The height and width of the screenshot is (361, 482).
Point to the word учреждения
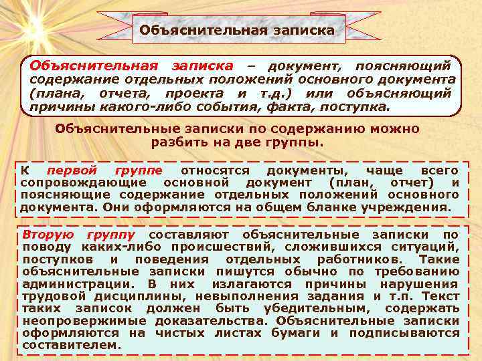point(408,207)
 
